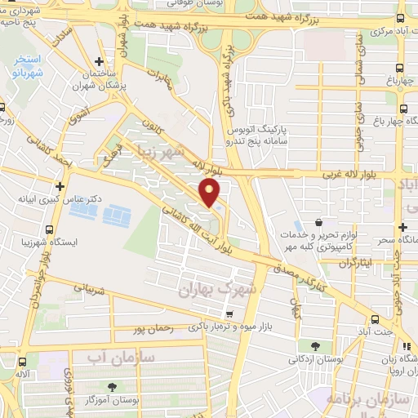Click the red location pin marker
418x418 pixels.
coord(211,193)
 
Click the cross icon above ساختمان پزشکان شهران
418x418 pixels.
coord(99,61)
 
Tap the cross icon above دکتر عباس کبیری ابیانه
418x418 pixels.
coord(60,187)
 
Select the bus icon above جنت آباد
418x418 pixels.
coord(374,319)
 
